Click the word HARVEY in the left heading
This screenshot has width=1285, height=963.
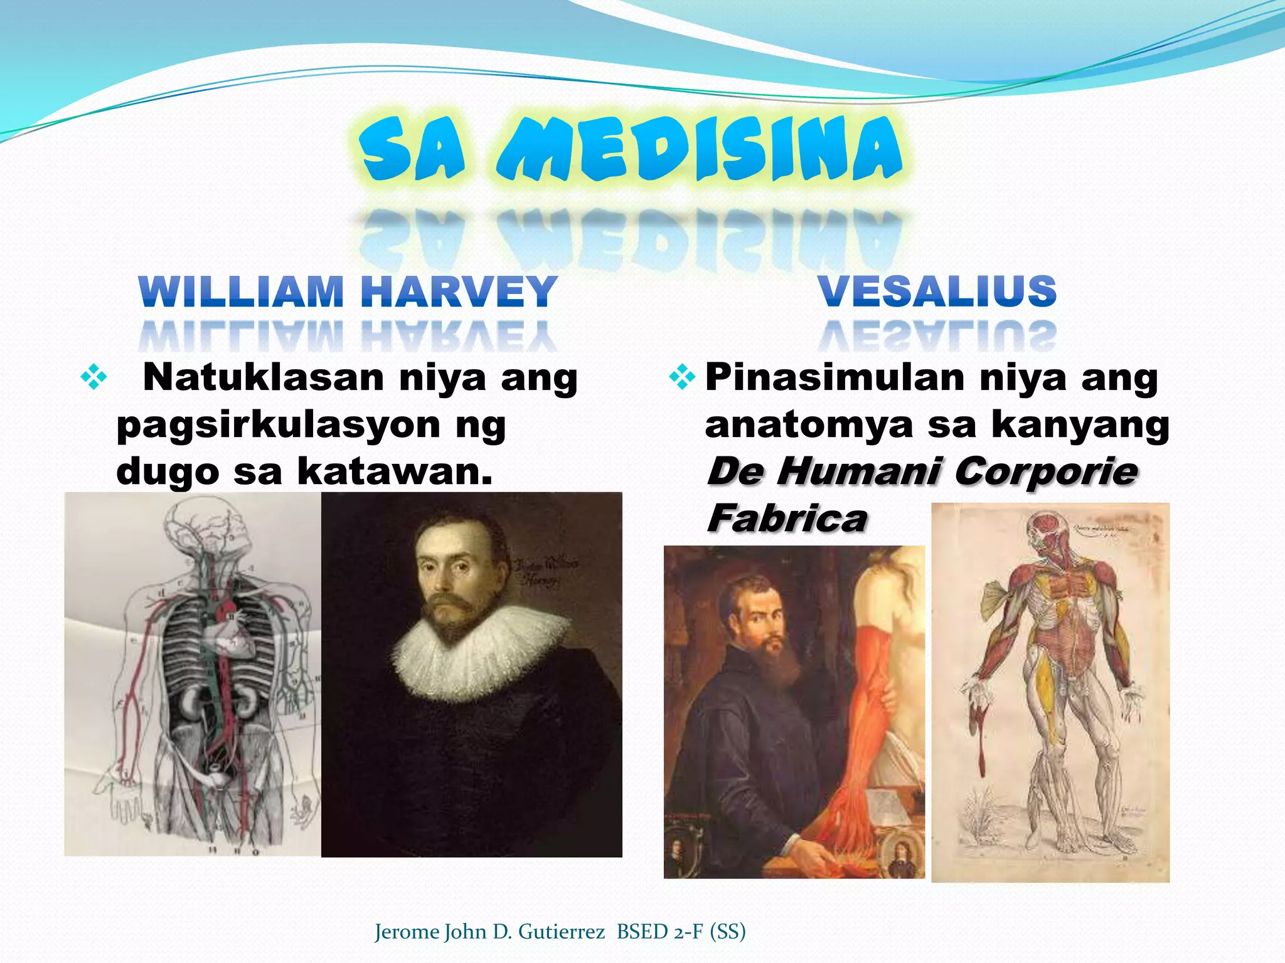(x=459, y=292)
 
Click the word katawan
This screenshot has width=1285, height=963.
(x=394, y=472)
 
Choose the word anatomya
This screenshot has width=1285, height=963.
(x=809, y=425)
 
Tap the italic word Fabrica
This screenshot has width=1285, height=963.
(x=787, y=518)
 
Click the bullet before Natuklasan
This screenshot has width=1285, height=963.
(x=93, y=378)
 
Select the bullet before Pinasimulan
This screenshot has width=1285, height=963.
(x=682, y=377)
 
